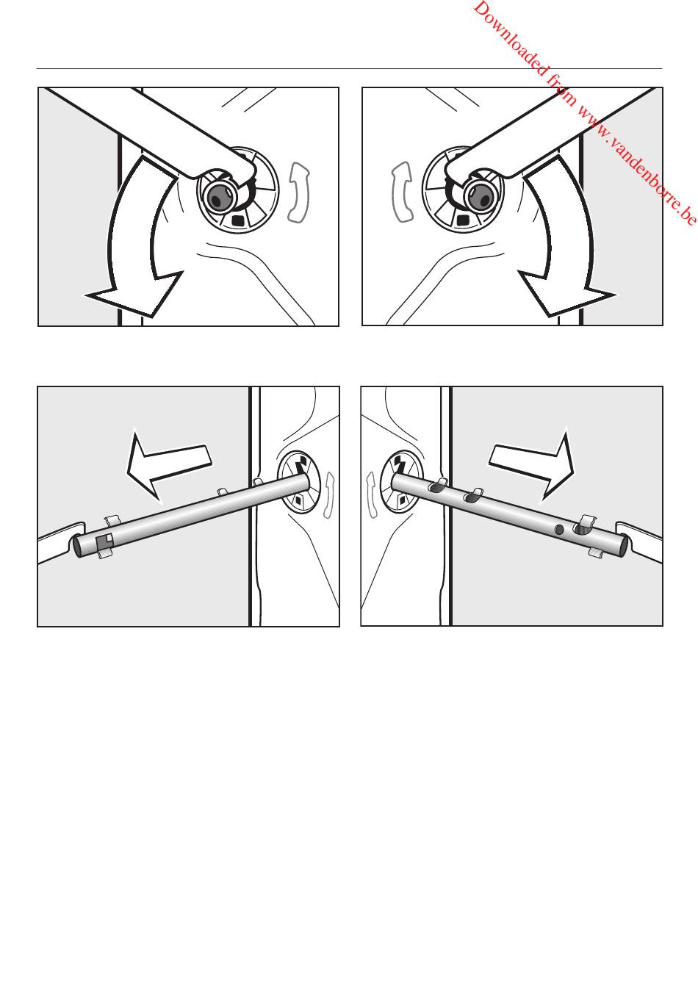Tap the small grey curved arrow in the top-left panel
(x=299, y=192)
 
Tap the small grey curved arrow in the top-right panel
(x=402, y=192)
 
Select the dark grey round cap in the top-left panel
(x=218, y=196)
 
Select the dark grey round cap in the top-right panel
(x=480, y=196)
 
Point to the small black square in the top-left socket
(x=239, y=220)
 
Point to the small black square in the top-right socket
(x=463, y=220)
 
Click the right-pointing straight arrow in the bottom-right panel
(x=532, y=464)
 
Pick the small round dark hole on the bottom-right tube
(x=560, y=529)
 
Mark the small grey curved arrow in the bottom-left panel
(x=328, y=495)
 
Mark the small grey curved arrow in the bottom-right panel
(x=371, y=495)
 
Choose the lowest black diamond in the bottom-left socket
(x=298, y=500)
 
